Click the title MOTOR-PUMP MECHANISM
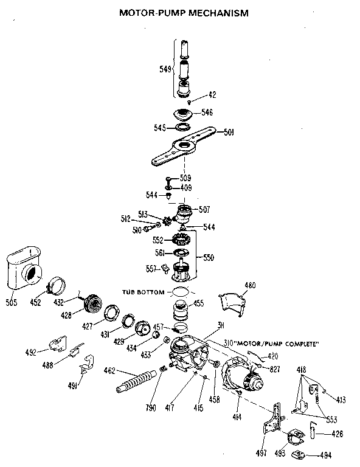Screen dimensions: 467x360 tap(184, 12)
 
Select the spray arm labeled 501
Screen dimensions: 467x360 tap(183, 145)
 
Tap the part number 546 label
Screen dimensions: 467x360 tap(207, 112)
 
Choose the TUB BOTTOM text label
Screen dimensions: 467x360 tap(143, 292)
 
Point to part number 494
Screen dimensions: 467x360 tap(326, 454)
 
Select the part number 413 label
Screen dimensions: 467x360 tap(341, 400)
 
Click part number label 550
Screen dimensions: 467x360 tap(208, 258)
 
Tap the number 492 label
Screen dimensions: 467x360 tap(32, 351)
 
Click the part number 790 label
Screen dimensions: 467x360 tap(151, 407)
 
